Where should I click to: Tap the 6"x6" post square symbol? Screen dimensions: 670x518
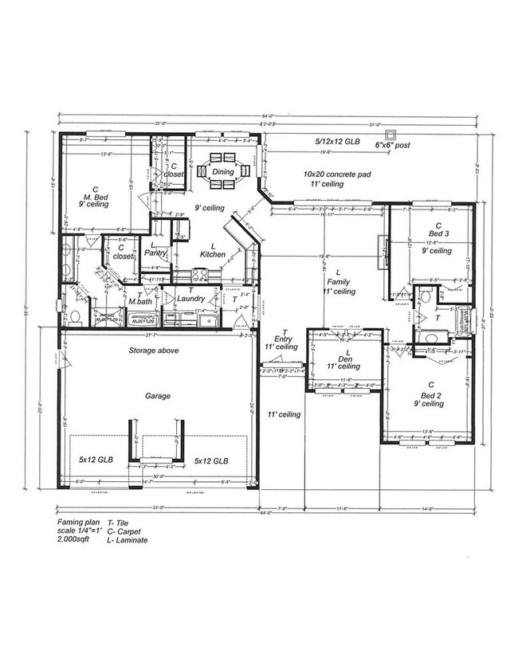click(x=390, y=133)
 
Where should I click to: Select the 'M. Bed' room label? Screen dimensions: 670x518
click(x=100, y=195)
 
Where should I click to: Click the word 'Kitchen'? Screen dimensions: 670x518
click(x=213, y=254)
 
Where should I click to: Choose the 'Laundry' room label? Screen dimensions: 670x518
click(x=191, y=299)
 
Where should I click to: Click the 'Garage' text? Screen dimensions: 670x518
click(x=158, y=394)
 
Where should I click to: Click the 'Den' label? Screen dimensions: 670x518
click(x=344, y=358)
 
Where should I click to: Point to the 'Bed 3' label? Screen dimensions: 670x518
click(x=438, y=233)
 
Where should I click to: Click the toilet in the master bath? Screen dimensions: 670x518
click(x=74, y=317)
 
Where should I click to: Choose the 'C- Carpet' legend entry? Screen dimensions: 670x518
click(x=128, y=531)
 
